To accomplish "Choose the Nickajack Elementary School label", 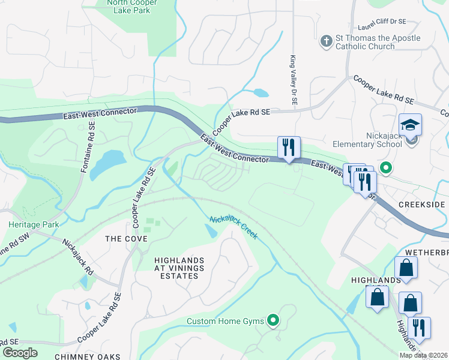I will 367,139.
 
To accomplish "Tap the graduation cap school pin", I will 411,125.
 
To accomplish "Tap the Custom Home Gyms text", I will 225,321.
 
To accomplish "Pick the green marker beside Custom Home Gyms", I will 274,321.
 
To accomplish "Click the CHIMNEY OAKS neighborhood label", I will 88,356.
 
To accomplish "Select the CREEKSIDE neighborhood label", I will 421,205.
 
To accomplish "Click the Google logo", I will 20,352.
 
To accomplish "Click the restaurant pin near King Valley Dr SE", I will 289,148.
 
